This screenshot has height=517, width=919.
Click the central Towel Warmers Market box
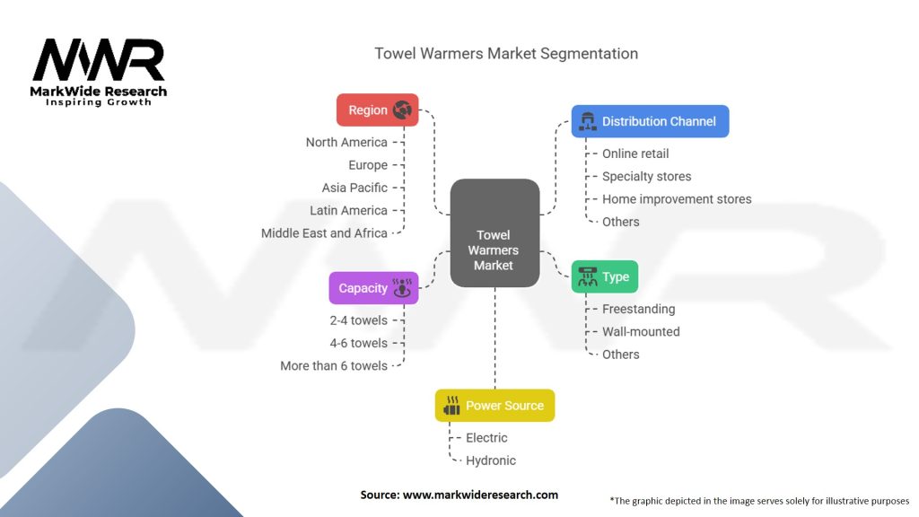pos(494,232)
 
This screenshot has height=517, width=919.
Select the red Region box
pos(377,110)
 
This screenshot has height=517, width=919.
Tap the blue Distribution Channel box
pos(650,121)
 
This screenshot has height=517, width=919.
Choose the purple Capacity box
pos(373,288)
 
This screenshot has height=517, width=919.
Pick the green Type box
pos(604,276)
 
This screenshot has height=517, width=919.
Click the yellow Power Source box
pos(495,406)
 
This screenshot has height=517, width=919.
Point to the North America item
pos(346,142)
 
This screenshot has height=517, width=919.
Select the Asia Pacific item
pos(354,188)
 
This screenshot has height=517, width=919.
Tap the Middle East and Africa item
pos(324,232)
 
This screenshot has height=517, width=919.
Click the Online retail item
pos(635,153)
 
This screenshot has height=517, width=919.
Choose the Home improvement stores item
pos(677,199)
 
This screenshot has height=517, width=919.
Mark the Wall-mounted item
pos(641,331)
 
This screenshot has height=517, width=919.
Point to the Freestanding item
pos(638,309)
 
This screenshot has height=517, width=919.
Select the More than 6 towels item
pos(334,365)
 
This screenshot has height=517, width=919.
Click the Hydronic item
pos(491,460)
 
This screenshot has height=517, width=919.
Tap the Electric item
pos(486,438)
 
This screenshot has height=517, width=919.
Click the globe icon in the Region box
pos(402,110)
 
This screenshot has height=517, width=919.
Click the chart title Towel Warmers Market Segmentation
pos(506,53)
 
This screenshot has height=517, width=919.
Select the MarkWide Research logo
pos(100,73)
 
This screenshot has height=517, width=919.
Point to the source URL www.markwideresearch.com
pos(459,495)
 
